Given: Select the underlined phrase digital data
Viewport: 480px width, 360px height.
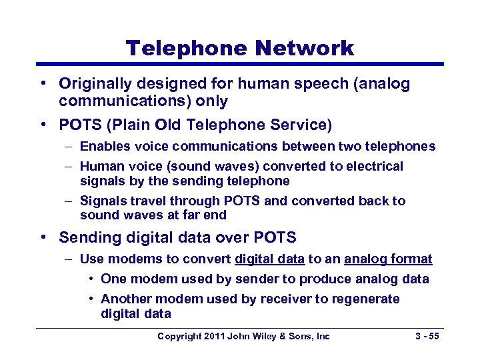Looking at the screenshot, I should [269, 259].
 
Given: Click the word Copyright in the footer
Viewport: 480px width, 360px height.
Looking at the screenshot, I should [179, 336].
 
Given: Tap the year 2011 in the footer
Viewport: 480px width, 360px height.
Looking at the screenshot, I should [214, 336].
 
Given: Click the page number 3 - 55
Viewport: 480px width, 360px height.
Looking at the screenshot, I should [425, 336].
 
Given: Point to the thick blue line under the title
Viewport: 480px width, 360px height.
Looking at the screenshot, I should [240, 65].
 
